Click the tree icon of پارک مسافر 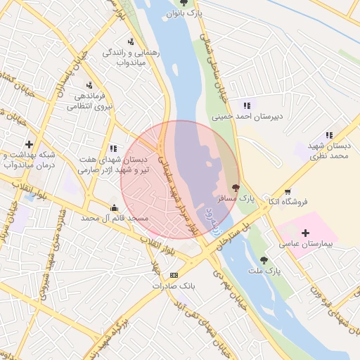tap(235, 188)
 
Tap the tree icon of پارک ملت tap(264, 259)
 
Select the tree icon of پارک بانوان tap(184, 3)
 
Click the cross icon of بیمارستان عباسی tap(305, 232)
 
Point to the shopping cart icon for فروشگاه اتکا tap(288, 191)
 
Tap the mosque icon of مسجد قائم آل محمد tap(114, 207)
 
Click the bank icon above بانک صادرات tap(174, 275)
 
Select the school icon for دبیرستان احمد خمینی tap(247, 105)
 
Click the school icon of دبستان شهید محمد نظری tap(328, 135)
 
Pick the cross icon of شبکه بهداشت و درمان tap(29, 144)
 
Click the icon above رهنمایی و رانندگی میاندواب tap(130, 41)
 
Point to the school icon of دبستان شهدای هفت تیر tap(112, 148)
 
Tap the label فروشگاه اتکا tap(290, 202)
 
